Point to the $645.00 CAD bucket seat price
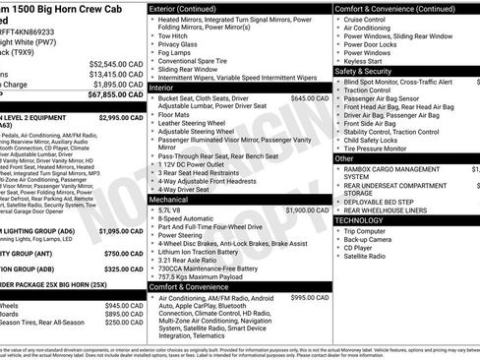point(309,98)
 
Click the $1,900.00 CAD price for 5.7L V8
point(307,210)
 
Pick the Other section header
point(345,157)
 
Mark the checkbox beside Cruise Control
point(340,19)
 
